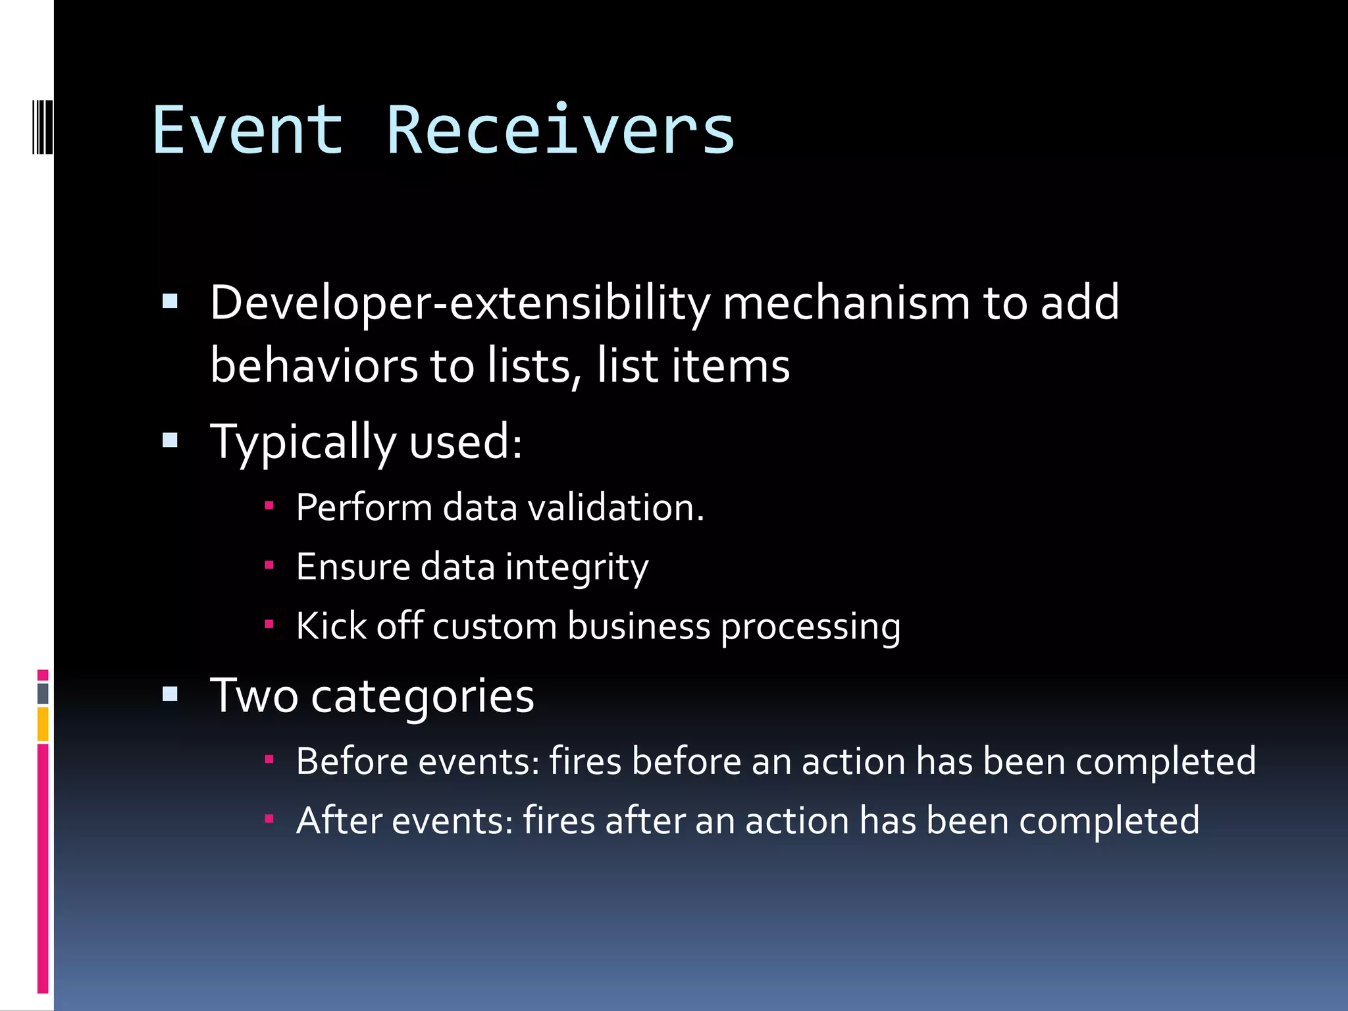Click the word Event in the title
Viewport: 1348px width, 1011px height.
point(247,131)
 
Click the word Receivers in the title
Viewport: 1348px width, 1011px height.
point(560,131)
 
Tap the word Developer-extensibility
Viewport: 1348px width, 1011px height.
point(459,303)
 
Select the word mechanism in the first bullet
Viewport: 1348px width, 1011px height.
point(846,303)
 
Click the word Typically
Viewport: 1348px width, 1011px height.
point(303,442)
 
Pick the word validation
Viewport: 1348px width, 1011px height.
point(616,507)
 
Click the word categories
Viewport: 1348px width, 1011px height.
point(422,696)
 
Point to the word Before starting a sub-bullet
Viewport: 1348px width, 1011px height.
point(351,762)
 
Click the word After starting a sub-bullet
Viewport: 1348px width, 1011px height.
point(339,821)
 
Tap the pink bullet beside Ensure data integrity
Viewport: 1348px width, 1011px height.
point(269,565)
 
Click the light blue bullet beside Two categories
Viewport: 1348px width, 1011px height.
point(170,694)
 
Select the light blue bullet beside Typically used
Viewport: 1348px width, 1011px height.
point(170,440)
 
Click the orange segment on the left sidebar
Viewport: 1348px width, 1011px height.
point(43,724)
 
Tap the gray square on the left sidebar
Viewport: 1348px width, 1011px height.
point(43,693)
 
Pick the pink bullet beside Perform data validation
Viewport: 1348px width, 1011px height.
point(269,505)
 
